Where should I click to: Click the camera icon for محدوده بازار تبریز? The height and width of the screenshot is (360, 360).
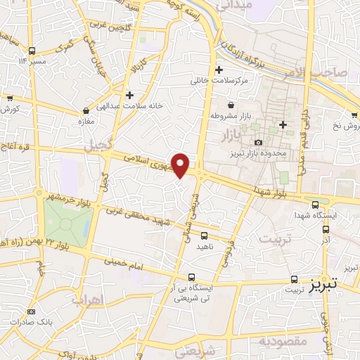(258, 143)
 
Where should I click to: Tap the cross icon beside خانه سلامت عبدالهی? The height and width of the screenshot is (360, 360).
(129, 94)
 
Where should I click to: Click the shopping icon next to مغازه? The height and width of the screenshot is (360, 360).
(86, 110)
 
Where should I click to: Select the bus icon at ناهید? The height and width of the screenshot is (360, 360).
(204, 236)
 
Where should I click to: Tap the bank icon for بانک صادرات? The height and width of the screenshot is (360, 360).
(30, 312)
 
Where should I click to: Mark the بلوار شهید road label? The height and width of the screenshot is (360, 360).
(274, 184)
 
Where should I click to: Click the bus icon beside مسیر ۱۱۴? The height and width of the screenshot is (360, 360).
(32, 51)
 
